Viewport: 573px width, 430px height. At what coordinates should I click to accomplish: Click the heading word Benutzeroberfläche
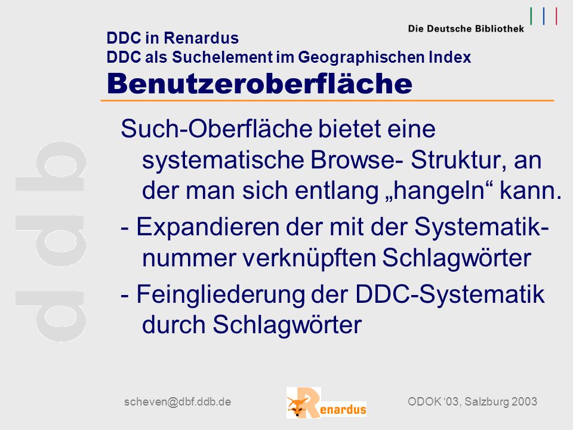[260, 84]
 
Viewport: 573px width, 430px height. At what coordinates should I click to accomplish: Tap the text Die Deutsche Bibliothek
[466, 29]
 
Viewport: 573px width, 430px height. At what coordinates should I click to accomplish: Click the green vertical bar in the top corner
[531, 16]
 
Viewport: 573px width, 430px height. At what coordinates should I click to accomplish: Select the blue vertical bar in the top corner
[544, 16]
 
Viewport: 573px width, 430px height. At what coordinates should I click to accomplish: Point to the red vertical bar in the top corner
[556, 16]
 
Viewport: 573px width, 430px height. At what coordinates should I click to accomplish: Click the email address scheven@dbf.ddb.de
[178, 402]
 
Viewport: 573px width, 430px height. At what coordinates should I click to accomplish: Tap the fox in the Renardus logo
[297, 407]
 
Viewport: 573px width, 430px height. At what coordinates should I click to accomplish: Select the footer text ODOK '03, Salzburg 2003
[472, 401]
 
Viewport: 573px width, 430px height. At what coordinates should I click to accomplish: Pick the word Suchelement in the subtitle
[222, 57]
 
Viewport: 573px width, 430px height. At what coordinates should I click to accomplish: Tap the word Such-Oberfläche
[216, 129]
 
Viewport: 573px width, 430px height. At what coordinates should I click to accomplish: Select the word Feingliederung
[220, 294]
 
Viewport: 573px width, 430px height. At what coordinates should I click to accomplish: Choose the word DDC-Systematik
[450, 294]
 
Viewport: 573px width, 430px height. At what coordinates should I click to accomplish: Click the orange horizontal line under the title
[328, 100]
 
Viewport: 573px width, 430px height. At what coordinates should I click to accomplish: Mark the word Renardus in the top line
[201, 38]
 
